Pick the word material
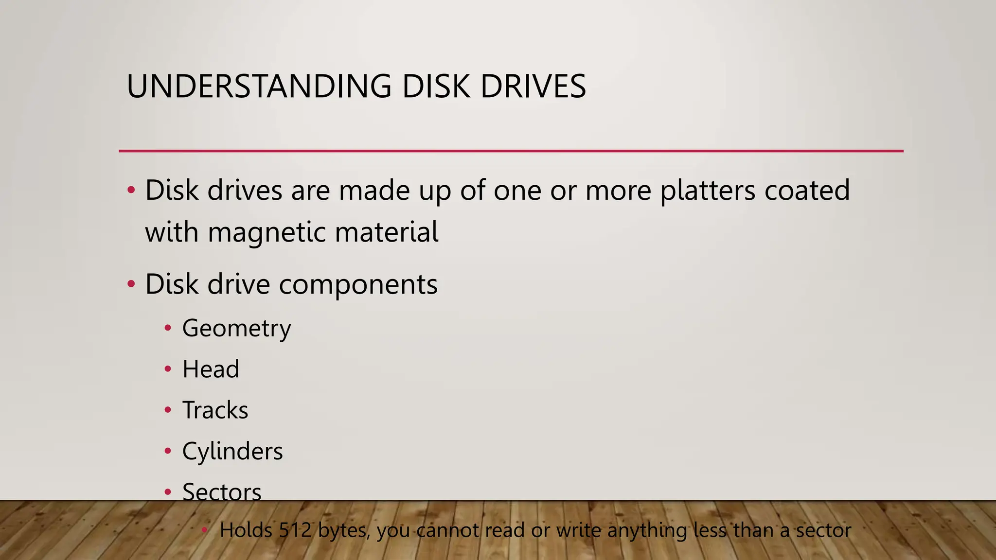[387, 232]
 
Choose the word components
[358, 284]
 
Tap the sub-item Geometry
[236, 329]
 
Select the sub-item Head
[211, 369]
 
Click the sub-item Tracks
[215, 410]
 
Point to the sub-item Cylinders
[232, 452]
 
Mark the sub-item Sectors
[222, 492]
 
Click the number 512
[295, 530]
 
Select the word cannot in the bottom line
[448, 530]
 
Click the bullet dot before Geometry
[168, 329]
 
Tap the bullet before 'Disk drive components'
[131, 284]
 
